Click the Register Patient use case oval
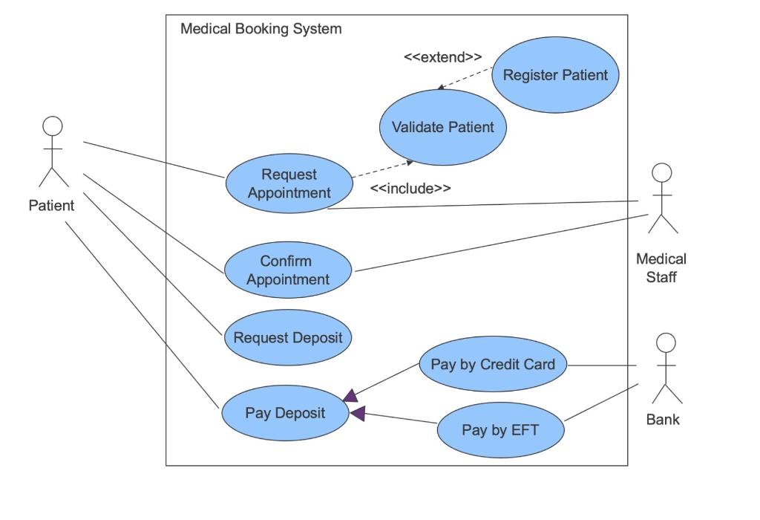[555, 75]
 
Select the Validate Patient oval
[443, 127]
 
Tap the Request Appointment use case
[289, 183]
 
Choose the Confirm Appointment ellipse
[288, 270]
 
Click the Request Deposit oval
[288, 338]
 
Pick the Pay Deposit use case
[286, 414]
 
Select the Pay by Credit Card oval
[493, 365]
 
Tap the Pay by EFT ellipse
[500, 430]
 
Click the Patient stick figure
[53, 152]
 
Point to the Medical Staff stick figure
[662, 198]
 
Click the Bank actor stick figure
[666, 368]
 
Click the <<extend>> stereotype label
[443, 57]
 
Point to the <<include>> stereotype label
[410, 189]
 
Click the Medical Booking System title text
[261, 29]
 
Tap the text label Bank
[663, 420]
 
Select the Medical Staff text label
[661, 268]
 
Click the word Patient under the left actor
[52, 206]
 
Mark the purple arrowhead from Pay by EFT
[358, 413]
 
